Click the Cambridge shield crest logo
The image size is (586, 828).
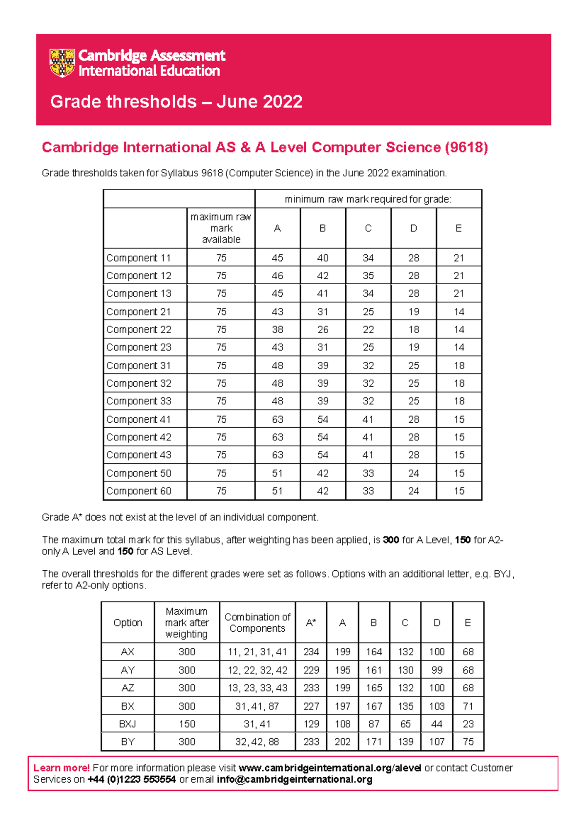pyautogui.click(x=62, y=63)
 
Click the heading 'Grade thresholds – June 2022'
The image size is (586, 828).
pyautogui.click(x=176, y=102)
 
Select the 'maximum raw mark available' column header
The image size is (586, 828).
pyautogui.click(x=221, y=228)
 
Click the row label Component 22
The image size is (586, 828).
pyautogui.click(x=139, y=330)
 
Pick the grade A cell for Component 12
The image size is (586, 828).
pyautogui.click(x=277, y=276)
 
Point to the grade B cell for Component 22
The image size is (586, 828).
pyautogui.click(x=323, y=330)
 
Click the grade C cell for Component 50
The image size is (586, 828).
pyautogui.click(x=368, y=473)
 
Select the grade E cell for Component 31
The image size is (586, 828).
pyautogui.click(x=459, y=366)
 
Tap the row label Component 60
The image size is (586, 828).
pyautogui.click(x=139, y=491)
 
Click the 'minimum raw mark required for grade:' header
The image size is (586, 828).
pyautogui.click(x=368, y=199)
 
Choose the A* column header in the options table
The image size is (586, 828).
pyautogui.click(x=311, y=622)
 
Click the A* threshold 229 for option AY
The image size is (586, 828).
pyautogui.click(x=311, y=670)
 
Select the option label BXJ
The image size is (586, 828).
pyautogui.click(x=128, y=724)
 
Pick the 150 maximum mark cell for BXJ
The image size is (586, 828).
pyautogui.click(x=187, y=724)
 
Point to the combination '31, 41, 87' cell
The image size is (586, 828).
pyautogui.click(x=257, y=706)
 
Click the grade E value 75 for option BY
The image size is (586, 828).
pyautogui.click(x=468, y=742)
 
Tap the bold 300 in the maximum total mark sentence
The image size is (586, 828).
pyautogui.click(x=391, y=540)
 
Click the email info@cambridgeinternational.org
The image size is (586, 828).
pyautogui.click(x=294, y=780)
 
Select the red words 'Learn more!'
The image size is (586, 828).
pyautogui.click(x=62, y=768)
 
